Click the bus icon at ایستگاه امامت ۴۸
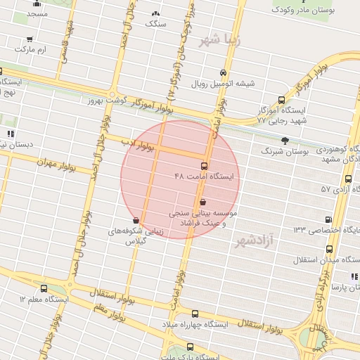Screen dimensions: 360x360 point(204,167)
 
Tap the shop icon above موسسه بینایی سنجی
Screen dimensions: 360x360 point(203,202)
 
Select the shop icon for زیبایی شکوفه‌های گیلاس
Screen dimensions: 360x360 point(136,220)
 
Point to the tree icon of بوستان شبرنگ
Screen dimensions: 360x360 point(284,141)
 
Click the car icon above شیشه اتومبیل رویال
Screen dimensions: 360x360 point(223,73)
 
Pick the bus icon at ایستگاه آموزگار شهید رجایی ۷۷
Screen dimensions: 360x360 point(281,100)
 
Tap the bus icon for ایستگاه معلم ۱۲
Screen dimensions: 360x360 point(44,288)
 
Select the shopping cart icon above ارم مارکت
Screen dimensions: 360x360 point(29,40)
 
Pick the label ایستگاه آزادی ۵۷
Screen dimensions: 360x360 point(325,190)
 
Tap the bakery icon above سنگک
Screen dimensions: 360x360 point(155,13)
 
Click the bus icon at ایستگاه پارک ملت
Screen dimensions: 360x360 point(191,347)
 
